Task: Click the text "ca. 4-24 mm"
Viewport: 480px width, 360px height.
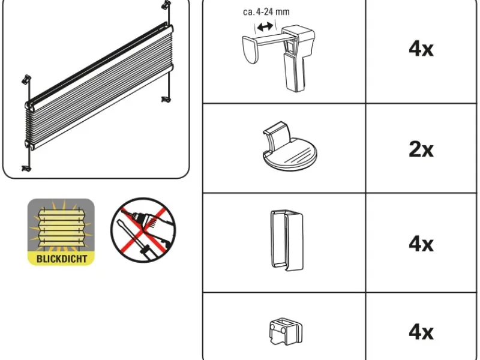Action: (x=266, y=12)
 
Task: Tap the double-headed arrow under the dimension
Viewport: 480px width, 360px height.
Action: (x=265, y=26)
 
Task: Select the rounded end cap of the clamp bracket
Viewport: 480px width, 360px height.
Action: (x=250, y=50)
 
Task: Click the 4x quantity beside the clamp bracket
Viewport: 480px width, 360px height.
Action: (x=421, y=49)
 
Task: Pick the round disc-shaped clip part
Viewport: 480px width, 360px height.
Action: (x=289, y=146)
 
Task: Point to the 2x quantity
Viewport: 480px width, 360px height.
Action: (x=421, y=149)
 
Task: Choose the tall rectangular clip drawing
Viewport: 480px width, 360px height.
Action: (x=287, y=240)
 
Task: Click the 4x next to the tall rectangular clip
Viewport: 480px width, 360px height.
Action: (x=421, y=244)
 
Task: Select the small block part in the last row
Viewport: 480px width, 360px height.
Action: (x=286, y=332)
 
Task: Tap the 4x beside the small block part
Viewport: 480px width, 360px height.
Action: (x=421, y=332)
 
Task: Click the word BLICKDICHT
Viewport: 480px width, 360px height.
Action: (x=62, y=259)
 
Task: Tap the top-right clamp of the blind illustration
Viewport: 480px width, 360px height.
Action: (x=166, y=4)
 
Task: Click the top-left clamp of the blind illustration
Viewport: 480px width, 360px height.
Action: (x=26, y=79)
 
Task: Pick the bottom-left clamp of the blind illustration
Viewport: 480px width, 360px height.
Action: (x=26, y=168)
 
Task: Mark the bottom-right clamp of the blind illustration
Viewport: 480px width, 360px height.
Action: (x=166, y=99)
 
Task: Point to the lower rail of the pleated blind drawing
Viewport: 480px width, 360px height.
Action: (x=100, y=107)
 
